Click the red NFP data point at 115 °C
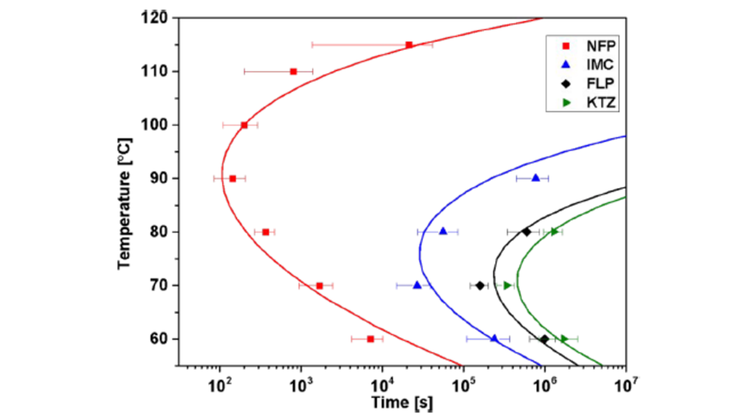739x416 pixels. click(x=409, y=45)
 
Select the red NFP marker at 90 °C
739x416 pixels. click(x=232, y=179)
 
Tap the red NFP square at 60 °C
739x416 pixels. click(x=370, y=339)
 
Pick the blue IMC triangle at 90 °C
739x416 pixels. click(x=535, y=178)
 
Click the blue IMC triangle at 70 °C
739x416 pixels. click(x=417, y=285)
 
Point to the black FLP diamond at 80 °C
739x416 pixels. click(x=526, y=232)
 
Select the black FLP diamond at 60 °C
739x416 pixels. click(x=544, y=339)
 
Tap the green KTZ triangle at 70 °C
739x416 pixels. click(x=507, y=285)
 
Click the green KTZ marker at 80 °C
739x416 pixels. click(x=554, y=232)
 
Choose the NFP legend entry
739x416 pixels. click(x=600, y=46)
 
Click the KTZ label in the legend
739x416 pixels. click(x=600, y=102)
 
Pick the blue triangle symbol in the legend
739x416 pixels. click(x=566, y=65)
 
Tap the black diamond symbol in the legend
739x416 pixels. click(x=566, y=84)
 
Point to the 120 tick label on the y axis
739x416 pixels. click(x=154, y=18)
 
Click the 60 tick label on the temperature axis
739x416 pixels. click(x=159, y=339)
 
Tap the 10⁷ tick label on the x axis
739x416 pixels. click(x=626, y=385)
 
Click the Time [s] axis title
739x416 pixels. click(x=402, y=403)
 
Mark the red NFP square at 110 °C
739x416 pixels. click(x=293, y=72)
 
